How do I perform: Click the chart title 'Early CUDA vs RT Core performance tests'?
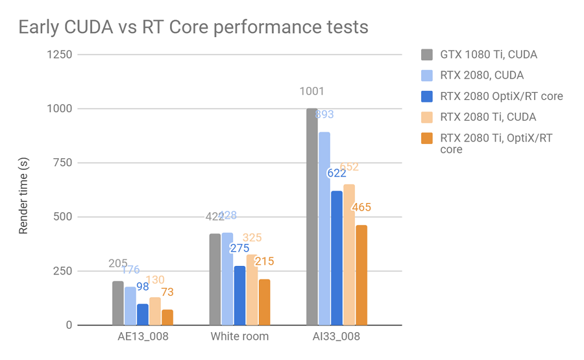[193, 27]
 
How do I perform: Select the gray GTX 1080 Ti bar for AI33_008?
[312, 217]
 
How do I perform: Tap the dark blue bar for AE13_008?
[143, 315]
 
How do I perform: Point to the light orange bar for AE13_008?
[155, 311]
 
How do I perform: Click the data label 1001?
[311, 92]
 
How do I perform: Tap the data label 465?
[361, 208]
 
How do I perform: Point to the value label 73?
[167, 293]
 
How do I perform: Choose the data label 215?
[264, 262]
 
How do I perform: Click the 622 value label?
[336, 174]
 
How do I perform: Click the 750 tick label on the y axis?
[63, 163]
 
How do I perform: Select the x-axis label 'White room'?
[239, 337]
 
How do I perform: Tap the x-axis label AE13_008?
[143, 337]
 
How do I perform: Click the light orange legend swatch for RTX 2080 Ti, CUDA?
[426, 117]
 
